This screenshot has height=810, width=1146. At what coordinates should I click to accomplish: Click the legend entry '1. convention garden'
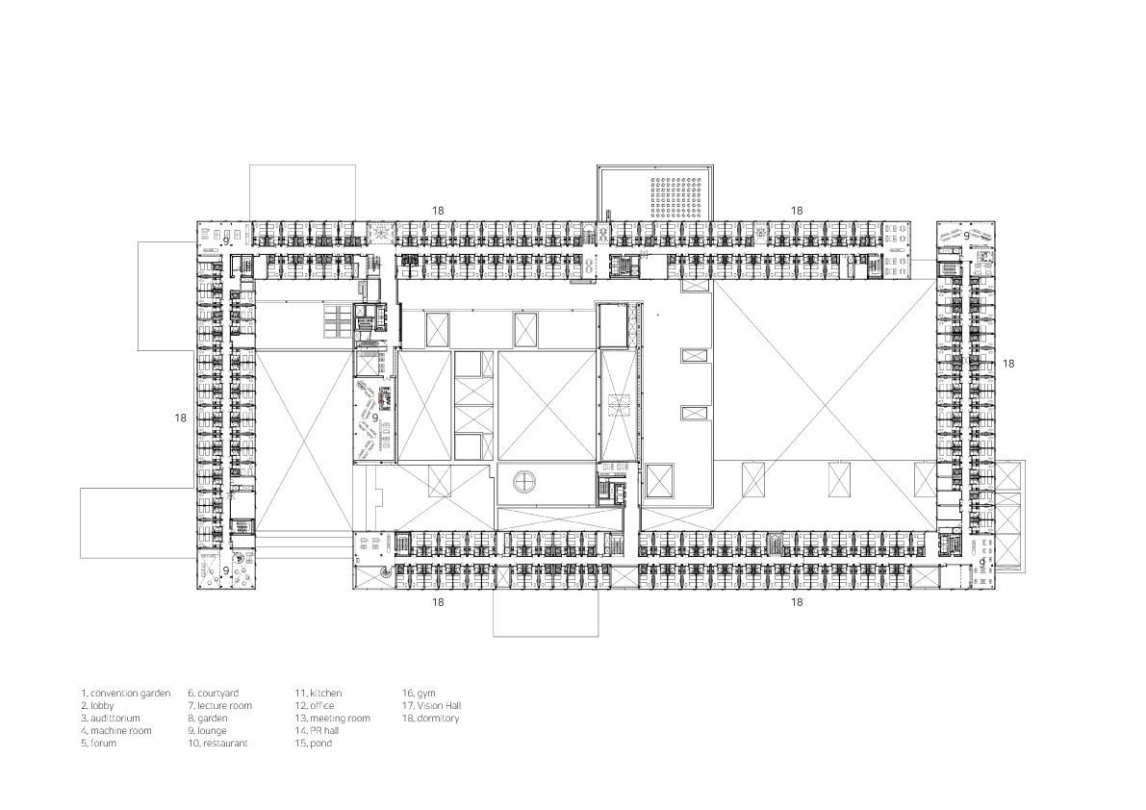tap(126, 693)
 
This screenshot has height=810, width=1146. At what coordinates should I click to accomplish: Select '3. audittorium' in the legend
tap(111, 719)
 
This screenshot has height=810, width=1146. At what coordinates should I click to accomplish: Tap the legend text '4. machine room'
tap(116, 731)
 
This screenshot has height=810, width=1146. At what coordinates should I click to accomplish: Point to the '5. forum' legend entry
tap(98, 744)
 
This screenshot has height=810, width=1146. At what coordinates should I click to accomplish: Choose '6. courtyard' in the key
tap(213, 693)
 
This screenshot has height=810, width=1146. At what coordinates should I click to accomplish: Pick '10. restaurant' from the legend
tap(217, 744)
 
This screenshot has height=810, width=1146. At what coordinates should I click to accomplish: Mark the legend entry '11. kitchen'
tap(318, 693)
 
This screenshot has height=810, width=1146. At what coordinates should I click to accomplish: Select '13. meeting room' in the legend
tap(333, 719)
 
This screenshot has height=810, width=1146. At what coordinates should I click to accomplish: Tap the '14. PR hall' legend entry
tap(317, 731)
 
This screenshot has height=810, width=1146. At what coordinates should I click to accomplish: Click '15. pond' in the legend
tap(314, 744)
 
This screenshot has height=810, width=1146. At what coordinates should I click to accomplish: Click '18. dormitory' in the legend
tap(430, 719)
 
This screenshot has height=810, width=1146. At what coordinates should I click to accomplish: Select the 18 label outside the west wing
tap(181, 418)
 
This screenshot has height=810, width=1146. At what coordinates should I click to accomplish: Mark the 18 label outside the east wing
tap(1008, 364)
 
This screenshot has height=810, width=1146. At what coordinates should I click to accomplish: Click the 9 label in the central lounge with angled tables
tap(375, 418)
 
